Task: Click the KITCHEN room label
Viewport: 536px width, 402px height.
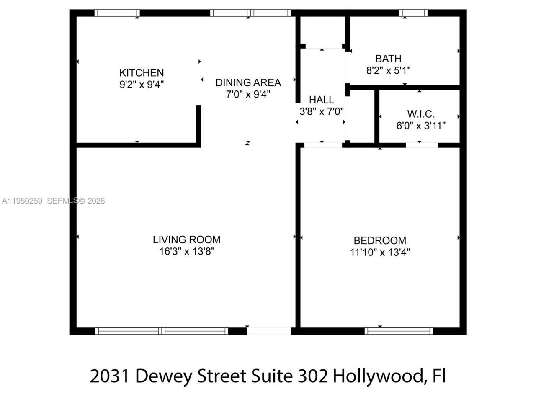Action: [142, 72]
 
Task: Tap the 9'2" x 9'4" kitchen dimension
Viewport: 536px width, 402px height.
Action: [142, 84]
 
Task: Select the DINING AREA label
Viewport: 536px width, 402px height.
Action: [248, 82]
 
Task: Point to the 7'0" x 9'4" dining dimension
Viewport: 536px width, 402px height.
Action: [248, 94]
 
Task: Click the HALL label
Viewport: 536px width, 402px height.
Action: [322, 100]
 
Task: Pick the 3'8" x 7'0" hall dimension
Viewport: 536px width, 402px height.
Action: [322, 111]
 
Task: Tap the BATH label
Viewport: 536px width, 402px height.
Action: [388, 59]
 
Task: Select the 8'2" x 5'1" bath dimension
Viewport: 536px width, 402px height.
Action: [388, 70]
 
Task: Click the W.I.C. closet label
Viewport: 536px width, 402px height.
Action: [421, 114]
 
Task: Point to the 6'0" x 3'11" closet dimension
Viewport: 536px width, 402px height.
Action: [421, 125]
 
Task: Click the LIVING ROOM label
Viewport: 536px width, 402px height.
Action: [186, 240]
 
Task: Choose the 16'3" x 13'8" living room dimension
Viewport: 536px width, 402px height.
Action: [186, 251]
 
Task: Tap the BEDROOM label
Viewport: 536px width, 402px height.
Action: [380, 240]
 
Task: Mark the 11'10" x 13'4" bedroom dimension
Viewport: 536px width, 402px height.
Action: [380, 252]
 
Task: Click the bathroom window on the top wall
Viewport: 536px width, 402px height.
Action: [414, 13]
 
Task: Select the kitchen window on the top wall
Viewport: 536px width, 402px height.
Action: [117, 13]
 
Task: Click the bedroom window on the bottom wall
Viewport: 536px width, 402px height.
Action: [399, 331]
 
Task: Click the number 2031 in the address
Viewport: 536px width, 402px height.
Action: [110, 376]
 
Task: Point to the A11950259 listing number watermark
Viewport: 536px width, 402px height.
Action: [22, 201]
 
